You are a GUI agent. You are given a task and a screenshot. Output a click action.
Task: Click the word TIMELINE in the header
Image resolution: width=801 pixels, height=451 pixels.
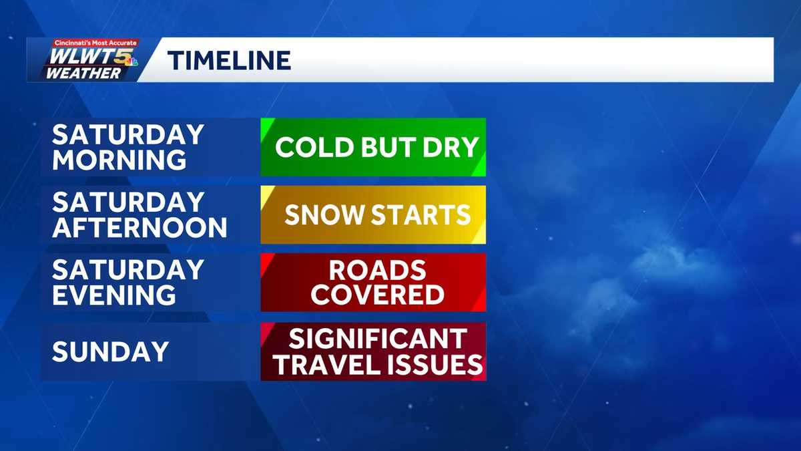pyautogui.click(x=229, y=61)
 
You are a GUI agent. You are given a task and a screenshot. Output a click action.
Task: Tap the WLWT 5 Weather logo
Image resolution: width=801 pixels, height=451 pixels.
pyautogui.click(x=83, y=59)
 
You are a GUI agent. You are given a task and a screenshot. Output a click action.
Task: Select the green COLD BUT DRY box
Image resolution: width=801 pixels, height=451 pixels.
pyautogui.click(x=373, y=147)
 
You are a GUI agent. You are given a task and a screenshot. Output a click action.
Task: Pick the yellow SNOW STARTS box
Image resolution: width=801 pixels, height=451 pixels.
pyautogui.click(x=373, y=214)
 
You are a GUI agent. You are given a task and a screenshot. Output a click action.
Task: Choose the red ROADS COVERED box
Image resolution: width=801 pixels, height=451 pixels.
pyautogui.click(x=373, y=282)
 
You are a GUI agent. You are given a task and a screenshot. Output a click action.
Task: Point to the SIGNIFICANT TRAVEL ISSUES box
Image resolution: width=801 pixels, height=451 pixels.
pyautogui.click(x=373, y=351)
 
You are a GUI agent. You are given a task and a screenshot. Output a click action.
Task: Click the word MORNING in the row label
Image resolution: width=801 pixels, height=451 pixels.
pyautogui.click(x=119, y=160)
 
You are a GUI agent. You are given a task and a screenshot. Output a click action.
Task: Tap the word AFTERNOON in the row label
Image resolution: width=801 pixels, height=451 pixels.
pyautogui.click(x=140, y=228)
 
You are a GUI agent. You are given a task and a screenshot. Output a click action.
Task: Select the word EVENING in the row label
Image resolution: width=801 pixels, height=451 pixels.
pyautogui.click(x=114, y=295)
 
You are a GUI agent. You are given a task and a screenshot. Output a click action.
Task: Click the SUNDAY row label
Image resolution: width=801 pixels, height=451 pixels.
pyautogui.click(x=110, y=351)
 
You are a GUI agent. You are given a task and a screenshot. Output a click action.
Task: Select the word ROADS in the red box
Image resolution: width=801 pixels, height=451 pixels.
pyautogui.click(x=377, y=270)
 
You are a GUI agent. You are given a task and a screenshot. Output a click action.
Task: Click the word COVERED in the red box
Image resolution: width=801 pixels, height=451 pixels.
pyautogui.click(x=377, y=295)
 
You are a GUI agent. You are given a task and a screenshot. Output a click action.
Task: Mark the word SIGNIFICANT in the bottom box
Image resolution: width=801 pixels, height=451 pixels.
pyautogui.click(x=377, y=339)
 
